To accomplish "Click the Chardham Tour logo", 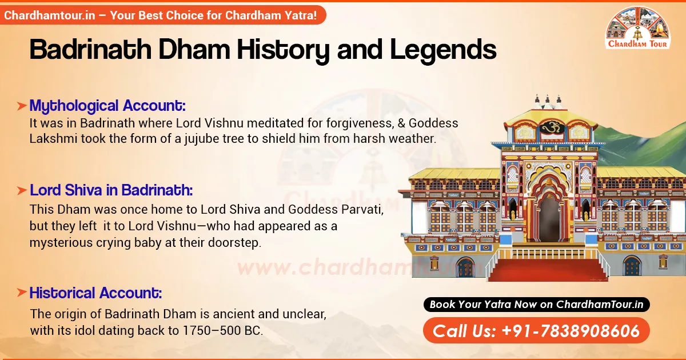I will pyautogui.click(x=639, y=29).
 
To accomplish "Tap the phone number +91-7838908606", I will pyautogui.click(x=536, y=331).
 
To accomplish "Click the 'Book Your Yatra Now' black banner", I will pyautogui.click(x=536, y=305).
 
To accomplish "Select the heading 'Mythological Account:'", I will pyautogui.click(x=107, y=106).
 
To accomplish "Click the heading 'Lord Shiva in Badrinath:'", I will pyautogui.click(x=111, y=190).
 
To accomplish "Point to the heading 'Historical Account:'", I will pyautogui.click(x=95, y=293).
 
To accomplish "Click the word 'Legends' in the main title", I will pyautogui.click(x=443, y=50).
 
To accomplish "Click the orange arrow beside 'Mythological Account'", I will pyautogui.click(x=21, y=106).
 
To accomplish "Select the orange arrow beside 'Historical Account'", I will pyautogui.click(x=21, y=293).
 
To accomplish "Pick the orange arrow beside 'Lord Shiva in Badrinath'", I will pyautogui.click(x=21, y=190).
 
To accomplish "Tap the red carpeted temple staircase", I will pyautogui.click(x=548, y=265).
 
